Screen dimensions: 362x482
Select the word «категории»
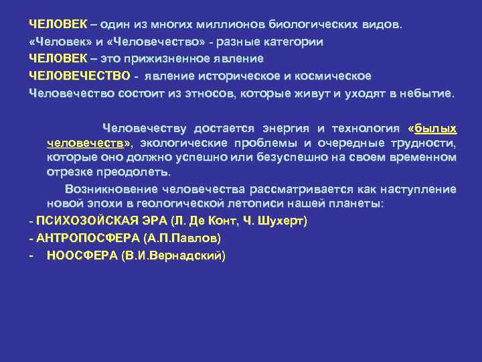(x=291, y=42)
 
